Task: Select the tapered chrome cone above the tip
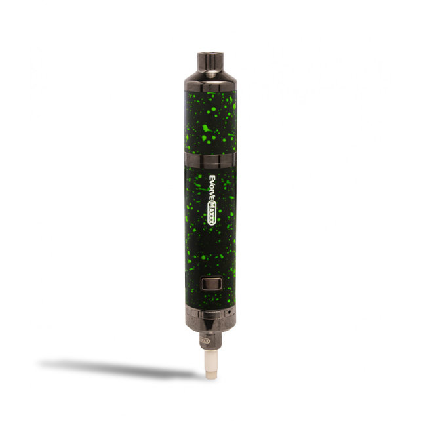tap(211, 328)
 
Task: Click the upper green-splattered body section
tap(210, 125)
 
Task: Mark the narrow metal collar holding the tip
tap(211, 340)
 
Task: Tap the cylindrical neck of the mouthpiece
tap(211, 66)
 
